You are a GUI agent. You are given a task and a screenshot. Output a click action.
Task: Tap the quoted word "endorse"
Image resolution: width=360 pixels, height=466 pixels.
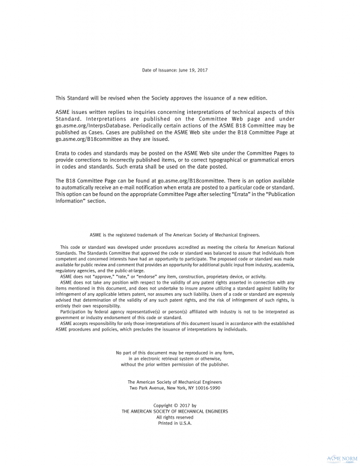coord(148,276)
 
